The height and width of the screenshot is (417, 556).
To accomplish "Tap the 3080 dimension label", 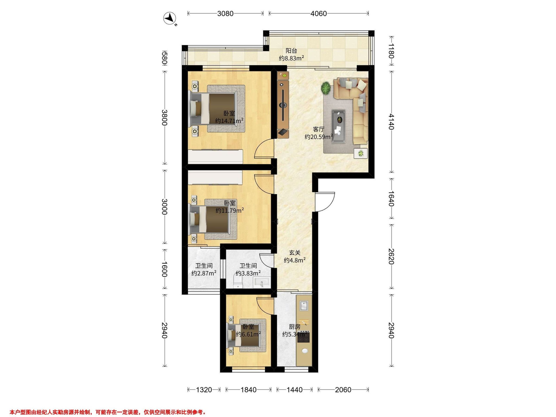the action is [x=225, y=14].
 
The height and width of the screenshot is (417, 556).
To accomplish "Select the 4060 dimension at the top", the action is [x=319, y=14].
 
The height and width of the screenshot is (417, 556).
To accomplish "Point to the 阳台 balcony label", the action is [x=291, y=51].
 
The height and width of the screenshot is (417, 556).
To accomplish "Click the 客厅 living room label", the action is [x=319, y=130].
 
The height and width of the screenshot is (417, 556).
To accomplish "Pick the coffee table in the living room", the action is [x=338, y=126].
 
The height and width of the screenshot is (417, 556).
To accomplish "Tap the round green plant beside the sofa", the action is [x=326, y=88].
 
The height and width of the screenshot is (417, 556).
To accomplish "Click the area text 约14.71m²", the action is [x=229, y=121].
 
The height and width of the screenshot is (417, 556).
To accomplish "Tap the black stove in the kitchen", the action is [x=303, y=337].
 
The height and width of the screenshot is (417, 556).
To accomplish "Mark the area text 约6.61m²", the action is [x=248, y=334].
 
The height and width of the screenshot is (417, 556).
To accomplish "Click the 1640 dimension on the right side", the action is [x=391, y=199].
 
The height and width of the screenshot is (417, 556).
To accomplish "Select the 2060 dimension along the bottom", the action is [x=343, y=390].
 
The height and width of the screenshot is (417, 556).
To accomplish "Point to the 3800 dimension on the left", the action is [x=164, y=118].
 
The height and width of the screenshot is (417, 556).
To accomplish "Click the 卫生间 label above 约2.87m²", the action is [x=204, y=266].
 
